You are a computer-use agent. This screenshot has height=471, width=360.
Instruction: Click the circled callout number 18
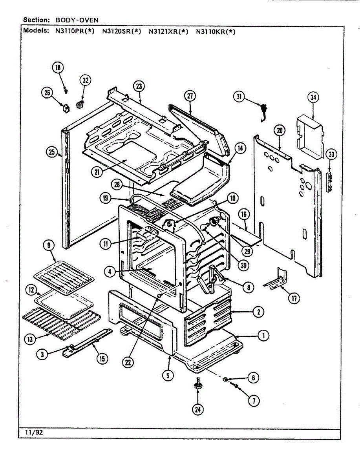(58, 68)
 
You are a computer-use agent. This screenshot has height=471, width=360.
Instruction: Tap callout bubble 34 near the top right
(313, 97)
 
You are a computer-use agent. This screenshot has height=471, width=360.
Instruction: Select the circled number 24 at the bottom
(197, 410)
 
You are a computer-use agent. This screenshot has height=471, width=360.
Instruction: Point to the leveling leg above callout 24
(197, 383)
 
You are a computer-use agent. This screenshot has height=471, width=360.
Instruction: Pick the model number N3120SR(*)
(122, 31)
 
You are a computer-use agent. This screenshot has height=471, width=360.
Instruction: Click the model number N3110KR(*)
(216, 32)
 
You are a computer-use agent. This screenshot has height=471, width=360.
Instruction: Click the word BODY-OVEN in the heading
(77, 20)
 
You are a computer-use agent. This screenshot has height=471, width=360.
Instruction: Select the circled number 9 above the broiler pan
(49, 245)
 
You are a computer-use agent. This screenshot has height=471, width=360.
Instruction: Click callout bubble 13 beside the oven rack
(30, 339)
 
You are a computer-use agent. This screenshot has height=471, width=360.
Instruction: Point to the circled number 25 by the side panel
(52, 152)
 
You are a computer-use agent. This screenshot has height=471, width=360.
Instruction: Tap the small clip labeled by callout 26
(66, 108)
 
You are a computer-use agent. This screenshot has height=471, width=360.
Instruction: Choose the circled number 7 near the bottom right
(254, 401)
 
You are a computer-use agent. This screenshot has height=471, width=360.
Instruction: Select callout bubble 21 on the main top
(97, 172)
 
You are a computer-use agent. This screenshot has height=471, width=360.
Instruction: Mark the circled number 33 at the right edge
(331, 154)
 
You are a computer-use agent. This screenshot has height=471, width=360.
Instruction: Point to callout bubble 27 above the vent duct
(190, 96)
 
